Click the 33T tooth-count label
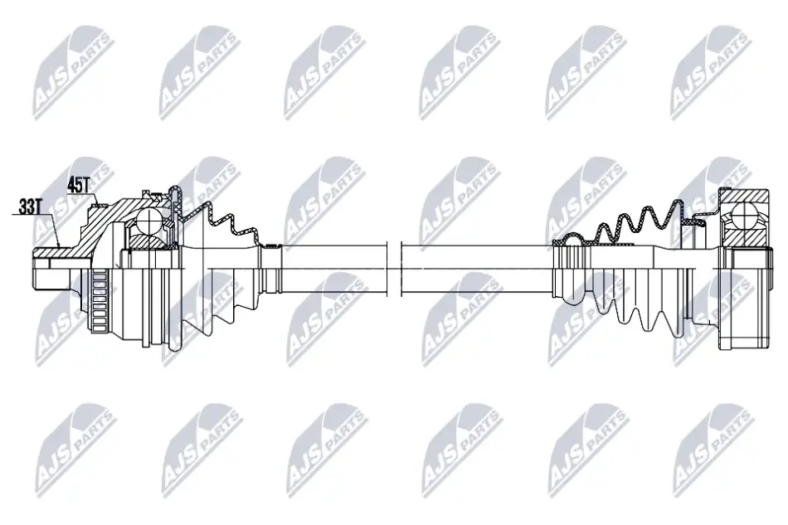point(29,207)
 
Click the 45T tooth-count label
point(78,186)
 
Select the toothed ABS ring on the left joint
point(100,300)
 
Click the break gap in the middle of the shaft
point(395,269)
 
